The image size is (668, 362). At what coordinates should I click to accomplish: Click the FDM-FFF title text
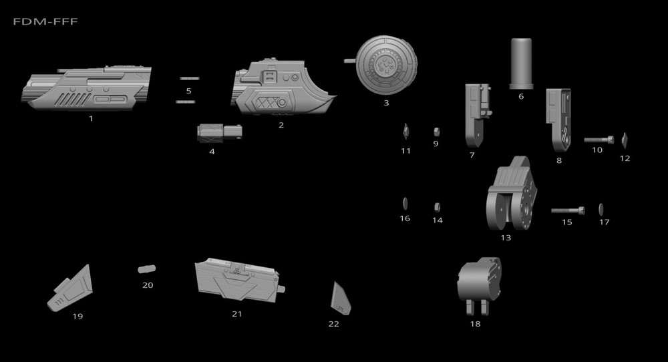click(x=45, y=22)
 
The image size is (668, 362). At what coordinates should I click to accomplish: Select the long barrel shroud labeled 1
click(x=87, y=89)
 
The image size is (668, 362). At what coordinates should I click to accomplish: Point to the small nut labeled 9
click(x=436, y=130)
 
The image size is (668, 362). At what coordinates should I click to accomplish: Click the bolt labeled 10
click(x=599, y=140)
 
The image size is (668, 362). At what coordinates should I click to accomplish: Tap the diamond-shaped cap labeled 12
click(x=625, y=140)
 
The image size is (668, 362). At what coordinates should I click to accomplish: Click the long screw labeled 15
click(x=568, y=210)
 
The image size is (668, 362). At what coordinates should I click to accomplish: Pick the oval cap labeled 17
click(x=601, y=209)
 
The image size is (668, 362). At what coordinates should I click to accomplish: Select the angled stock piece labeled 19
click(x=72, y=287)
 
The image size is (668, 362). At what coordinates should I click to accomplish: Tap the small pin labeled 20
click(x=146, y=268)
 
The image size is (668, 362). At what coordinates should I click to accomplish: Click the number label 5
click(x=188, y=91)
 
